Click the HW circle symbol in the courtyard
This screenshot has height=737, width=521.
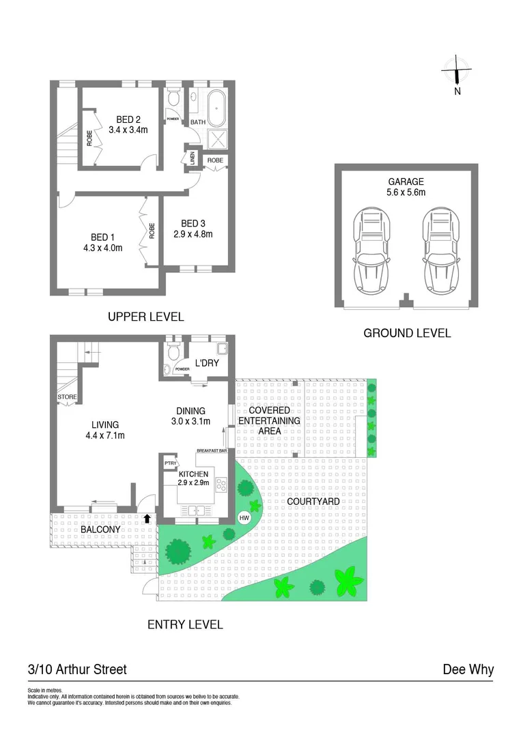(244, 518)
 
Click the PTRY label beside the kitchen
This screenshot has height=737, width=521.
(169, 464)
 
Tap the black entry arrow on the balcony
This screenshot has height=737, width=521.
(147, 519)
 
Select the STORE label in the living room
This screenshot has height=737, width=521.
(68, 397)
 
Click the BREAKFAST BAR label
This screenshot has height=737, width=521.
(211, 451)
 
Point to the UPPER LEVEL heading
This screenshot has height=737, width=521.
(146, 317)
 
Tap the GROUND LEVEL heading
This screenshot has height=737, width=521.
(407, 333)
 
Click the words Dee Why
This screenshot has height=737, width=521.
(468, 669)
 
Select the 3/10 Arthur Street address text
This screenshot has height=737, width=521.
(77, 669)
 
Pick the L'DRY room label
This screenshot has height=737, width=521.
(207, 363)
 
